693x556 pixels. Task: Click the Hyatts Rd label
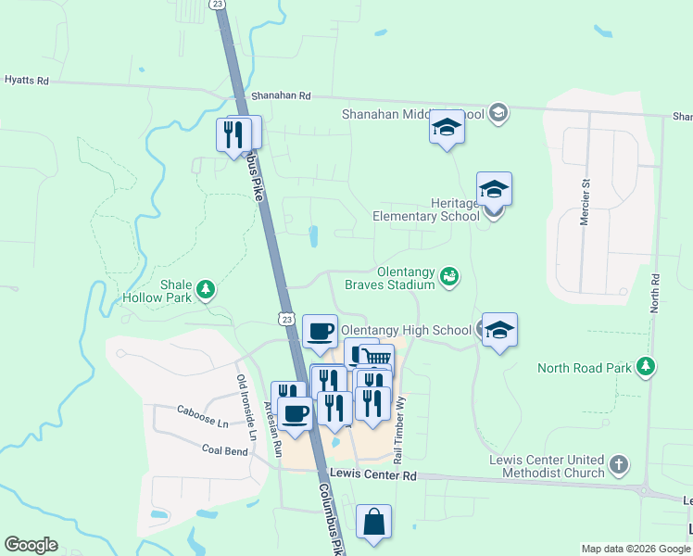26,81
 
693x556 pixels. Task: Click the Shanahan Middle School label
400,114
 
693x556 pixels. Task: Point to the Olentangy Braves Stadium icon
449,276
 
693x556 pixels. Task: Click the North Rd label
654,292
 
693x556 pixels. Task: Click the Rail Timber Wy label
400,430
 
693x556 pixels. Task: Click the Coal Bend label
224,450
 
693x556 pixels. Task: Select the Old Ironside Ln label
245,408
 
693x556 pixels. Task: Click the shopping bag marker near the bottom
373,522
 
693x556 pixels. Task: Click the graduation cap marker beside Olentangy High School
499,330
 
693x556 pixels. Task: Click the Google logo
31,545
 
